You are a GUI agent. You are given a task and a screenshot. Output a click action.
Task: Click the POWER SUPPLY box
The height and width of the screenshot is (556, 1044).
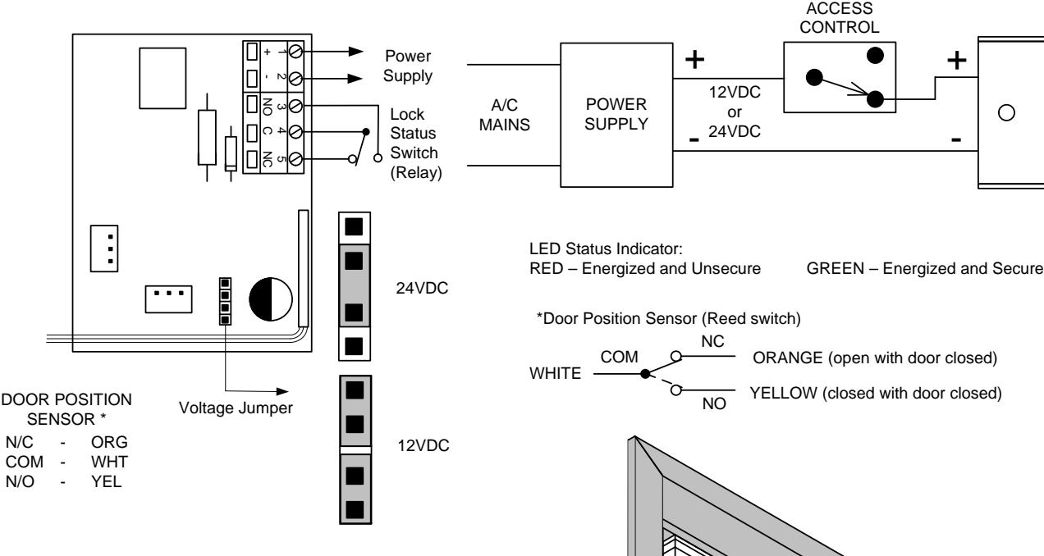click(616, 115)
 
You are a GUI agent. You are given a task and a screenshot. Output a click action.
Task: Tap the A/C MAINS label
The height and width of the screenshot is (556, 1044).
click(504, 115)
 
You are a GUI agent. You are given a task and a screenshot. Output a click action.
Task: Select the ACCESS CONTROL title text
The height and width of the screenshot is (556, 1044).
click(840, 18)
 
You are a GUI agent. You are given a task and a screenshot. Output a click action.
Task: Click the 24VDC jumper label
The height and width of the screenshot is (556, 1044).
click(422, 288)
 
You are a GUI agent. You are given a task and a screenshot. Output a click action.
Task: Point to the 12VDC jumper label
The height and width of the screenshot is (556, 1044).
click(424, 445)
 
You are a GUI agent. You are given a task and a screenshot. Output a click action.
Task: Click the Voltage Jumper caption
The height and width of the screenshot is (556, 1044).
click(236, 408)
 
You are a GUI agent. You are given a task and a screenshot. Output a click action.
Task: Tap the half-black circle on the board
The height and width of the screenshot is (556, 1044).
click(271, 299)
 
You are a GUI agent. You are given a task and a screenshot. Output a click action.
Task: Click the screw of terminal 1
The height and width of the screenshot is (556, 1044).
click(295, 51)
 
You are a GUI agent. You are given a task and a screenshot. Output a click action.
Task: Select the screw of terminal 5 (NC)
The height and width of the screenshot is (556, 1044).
click(295, 159)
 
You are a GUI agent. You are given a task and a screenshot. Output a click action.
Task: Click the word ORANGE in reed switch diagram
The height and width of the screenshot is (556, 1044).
click(788, 358)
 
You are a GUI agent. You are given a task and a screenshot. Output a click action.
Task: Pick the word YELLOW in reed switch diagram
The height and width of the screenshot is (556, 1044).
click(784, 393)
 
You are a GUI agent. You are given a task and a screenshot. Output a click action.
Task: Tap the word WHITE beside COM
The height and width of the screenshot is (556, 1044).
click(555, 373)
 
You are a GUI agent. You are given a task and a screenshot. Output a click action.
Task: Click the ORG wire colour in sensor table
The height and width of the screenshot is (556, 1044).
click(109, 442)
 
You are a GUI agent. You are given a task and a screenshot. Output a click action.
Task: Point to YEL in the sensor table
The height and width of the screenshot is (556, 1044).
click(106, 481)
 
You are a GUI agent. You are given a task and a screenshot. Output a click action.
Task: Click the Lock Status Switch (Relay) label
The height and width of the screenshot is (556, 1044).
click(416, 144)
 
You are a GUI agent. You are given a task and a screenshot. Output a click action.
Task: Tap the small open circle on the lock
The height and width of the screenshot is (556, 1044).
click(1007, 113)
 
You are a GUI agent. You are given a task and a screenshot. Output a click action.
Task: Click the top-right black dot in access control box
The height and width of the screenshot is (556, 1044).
click(875, 56)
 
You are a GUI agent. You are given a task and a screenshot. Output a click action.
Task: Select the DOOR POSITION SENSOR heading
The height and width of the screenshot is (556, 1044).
click(66, 409)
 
